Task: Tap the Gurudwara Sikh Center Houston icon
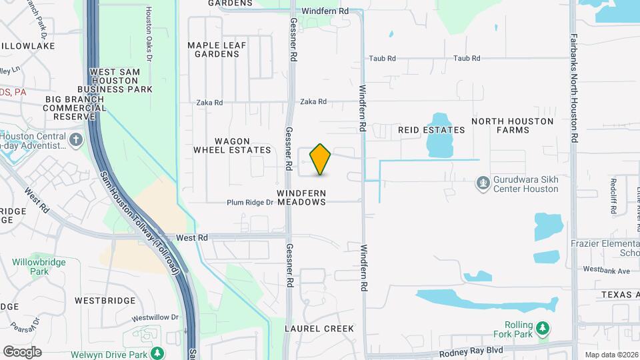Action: point(483,182)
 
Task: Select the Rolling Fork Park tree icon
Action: point(544,327)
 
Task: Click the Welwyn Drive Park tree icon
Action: point(157,353)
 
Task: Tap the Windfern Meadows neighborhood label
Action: point(301,197)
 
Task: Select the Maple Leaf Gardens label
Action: point(217,49)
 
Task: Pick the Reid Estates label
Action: point(431,130)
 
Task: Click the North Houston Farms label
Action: point(512,125)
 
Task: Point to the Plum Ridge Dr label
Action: point(250,203)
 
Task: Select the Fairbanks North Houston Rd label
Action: point(573,86)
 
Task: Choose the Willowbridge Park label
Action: point(39,267)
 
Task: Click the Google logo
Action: point(22,352)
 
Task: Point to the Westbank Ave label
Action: point(606,271)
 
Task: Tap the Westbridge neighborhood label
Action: point(105,301)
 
